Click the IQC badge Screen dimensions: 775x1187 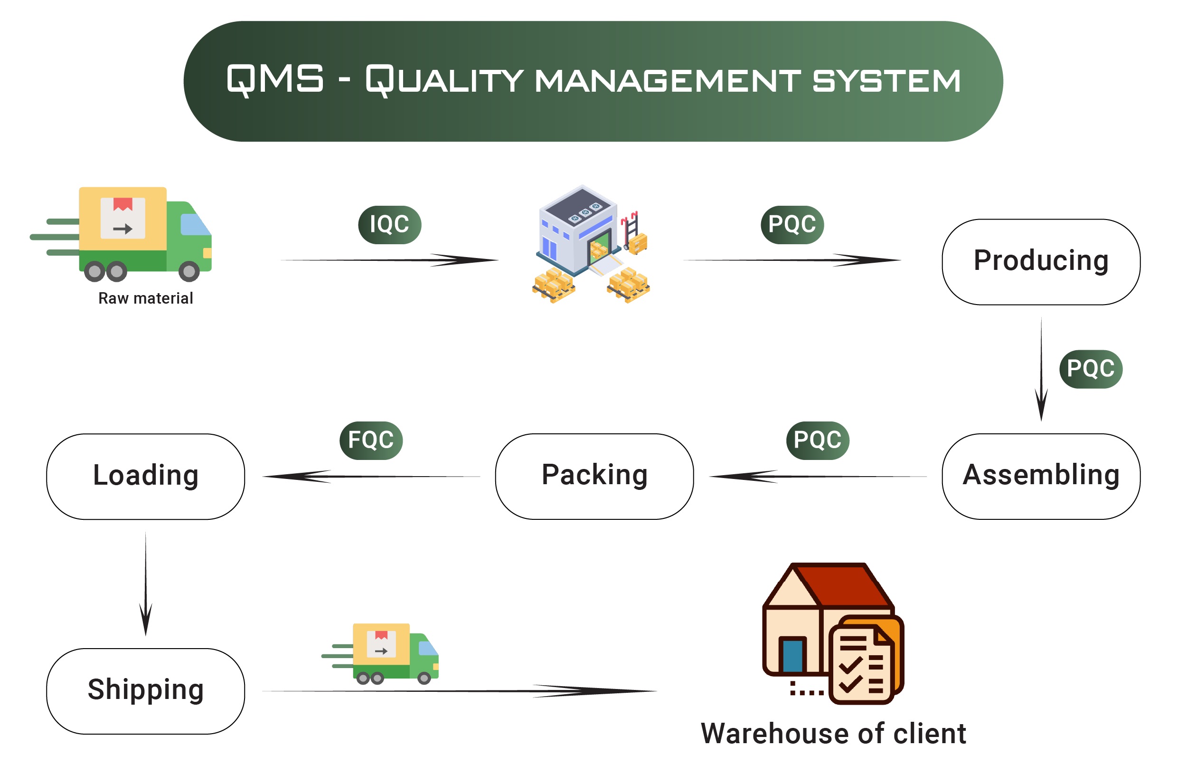[x=389, y=225]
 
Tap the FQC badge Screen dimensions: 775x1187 [x=371, y=440]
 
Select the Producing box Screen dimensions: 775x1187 [x=1040, y=262]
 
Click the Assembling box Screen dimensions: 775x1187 [x=1040, y=477]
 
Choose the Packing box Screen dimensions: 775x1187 [x=594, y=477]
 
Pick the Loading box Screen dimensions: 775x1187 [x=146, y=477]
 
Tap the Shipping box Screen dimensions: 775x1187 [x=146, y=691]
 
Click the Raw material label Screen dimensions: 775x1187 [x=146, y=298]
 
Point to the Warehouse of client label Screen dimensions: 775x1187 [x=833, y=734]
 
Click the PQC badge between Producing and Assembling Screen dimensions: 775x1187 [x=1091, y=369]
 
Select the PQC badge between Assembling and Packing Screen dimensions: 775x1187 [x=818, y=440]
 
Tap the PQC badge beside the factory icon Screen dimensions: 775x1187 [x=792, y=225]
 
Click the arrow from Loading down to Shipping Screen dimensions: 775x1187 [x=146, y=584]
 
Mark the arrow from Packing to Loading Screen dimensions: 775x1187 [x=372, y=477]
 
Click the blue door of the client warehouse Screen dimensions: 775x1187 [x=792, y=655]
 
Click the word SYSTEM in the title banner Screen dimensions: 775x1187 [x=886, y=81]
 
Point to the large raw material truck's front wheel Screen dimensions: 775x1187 [x=189, y=271]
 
